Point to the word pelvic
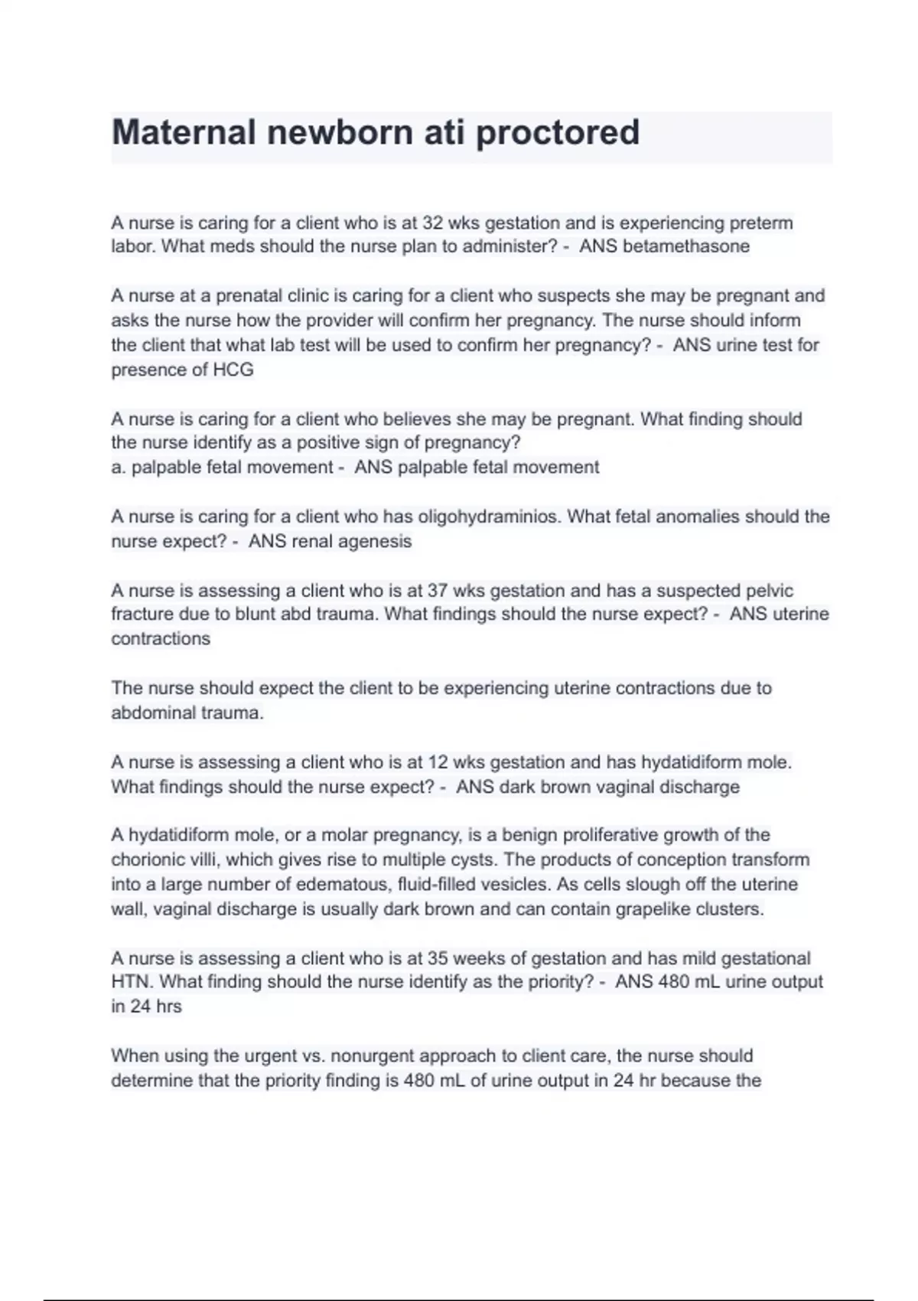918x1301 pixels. pos(768,591)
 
